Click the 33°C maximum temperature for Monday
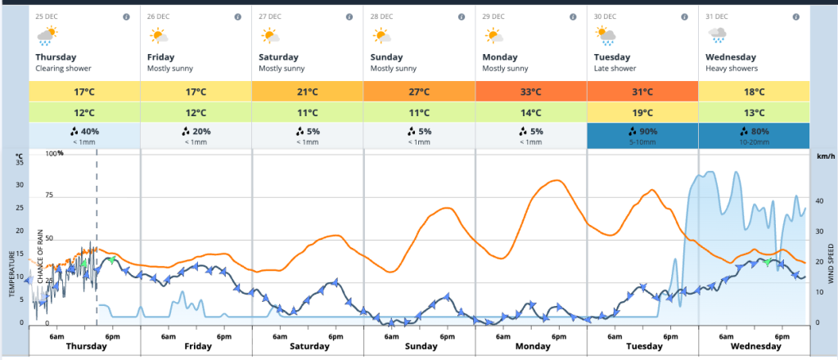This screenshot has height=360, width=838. coord(530,92)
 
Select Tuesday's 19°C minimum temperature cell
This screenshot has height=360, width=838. coord(642,113)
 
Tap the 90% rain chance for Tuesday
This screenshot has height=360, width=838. coord(642,131)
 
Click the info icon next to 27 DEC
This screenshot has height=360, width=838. coord(349,16)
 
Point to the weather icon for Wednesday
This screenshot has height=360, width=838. coord(718,35)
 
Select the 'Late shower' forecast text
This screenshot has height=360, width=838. coord(615,68)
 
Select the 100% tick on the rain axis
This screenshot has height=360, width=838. coord(53,154)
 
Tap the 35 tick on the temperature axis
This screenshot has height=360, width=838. coord(20,161)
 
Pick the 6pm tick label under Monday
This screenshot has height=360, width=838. coord(558,335)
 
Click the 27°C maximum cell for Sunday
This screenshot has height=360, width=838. coord(419,92)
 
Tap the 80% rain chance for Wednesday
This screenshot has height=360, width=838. coord(754,131)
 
